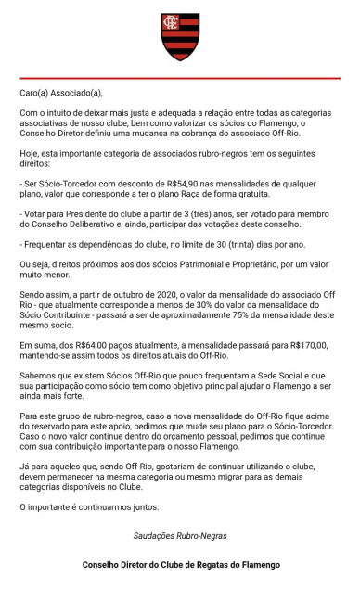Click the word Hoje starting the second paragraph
click(x=30, y=159)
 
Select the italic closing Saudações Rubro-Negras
click(x=180, y=535)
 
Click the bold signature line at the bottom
click(x=180, y=564)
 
